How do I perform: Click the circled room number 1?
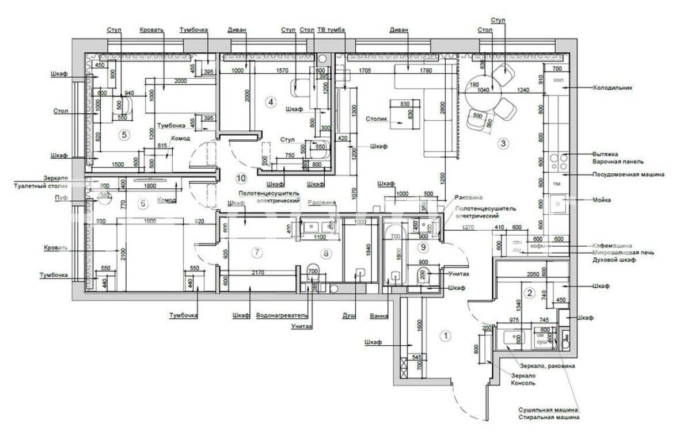pyautogui.click(x=445, y=334)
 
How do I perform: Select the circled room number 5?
pyautogui.click(x=122, y=135)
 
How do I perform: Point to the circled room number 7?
pyautogui.click(x=257, y=251)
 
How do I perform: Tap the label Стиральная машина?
pyautogui.click(x=548, y=417)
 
